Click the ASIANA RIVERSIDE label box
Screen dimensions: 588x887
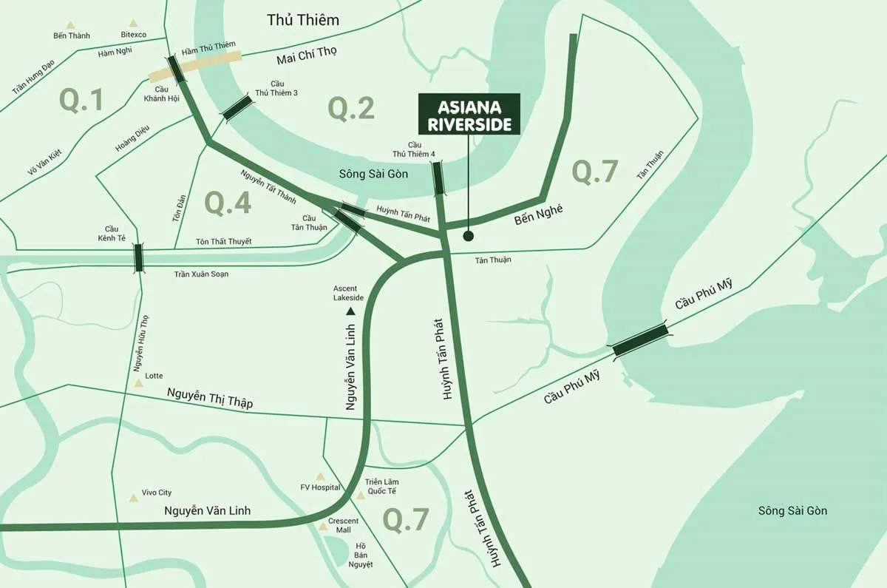469,115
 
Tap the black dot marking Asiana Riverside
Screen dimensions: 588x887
468,237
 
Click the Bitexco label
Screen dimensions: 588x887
133,35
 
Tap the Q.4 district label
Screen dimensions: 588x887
228,203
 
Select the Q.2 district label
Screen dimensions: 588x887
351,109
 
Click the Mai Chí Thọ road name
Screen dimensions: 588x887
307,59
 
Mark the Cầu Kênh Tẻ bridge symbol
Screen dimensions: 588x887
138,257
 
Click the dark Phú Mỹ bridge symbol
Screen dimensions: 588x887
640,339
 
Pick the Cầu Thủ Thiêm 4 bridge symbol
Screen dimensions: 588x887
438,179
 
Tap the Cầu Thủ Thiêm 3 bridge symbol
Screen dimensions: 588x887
238,107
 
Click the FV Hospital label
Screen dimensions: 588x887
320,487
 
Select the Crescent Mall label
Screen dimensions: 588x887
343,525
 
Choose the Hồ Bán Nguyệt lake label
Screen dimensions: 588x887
360,555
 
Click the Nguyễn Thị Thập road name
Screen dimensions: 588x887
210,399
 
